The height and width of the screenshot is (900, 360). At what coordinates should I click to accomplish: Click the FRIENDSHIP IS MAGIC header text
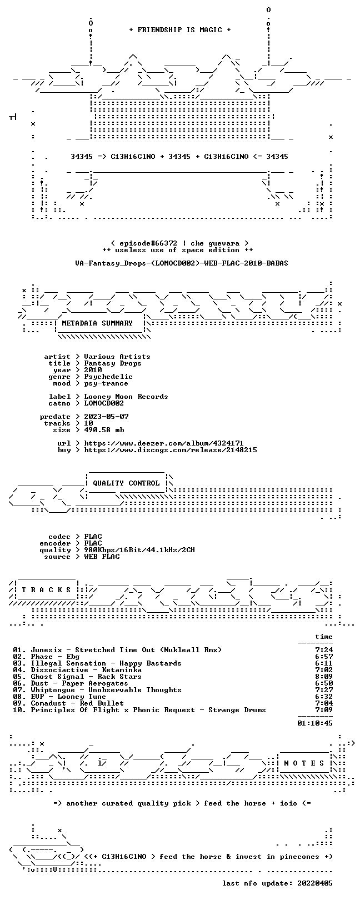(x=179, y=30)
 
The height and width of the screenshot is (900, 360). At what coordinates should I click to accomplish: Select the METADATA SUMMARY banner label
(x=97, y=323)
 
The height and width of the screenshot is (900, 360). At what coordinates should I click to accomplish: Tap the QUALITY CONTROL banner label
(x=126, y=483)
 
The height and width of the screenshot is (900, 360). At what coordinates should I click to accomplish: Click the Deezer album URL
(x=163, y=443)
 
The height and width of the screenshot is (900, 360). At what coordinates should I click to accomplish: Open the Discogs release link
(x=171, y=450)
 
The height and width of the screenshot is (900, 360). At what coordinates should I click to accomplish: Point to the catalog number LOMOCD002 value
(x=104, y=403)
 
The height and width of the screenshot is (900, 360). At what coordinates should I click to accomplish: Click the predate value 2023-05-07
(x=106, y=417)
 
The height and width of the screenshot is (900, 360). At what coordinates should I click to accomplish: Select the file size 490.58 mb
(x=104, y=430)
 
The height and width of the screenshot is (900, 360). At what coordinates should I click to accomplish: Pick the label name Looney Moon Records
(x=126, y=397)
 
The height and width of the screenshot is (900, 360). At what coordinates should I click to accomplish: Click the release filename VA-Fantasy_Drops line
(x=182, y=263)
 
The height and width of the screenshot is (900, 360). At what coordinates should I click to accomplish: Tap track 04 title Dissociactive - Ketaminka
(x=86, y=670)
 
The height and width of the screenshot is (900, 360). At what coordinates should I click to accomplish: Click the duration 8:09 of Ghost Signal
(x=324, y=677)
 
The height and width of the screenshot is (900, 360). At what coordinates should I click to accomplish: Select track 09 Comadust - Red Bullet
(x=77, y=703)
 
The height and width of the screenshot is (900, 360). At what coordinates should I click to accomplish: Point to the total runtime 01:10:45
(x=315, y=723)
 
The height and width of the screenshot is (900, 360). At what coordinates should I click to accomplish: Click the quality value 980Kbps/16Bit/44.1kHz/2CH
(x=139, y=550)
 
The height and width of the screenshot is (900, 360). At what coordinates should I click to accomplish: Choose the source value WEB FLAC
(x=102, y=557)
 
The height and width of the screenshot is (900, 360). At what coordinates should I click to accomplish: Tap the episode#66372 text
(x=148, y=243)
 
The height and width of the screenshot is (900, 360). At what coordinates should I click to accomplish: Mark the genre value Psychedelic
(x=108, y=377)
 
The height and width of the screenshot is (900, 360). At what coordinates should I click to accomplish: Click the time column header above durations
(x=324, y=637)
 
